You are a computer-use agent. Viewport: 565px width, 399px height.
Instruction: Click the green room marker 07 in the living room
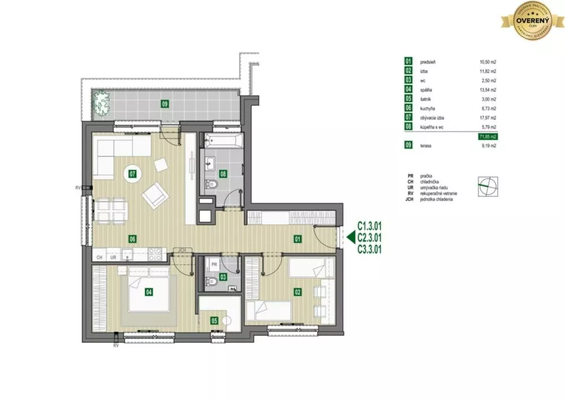133,174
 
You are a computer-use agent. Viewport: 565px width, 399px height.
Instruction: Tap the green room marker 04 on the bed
149,292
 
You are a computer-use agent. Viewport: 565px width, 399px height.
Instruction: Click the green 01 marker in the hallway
297,239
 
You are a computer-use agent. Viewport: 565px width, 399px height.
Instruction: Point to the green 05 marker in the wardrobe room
214,321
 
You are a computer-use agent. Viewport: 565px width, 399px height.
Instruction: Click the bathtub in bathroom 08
222,141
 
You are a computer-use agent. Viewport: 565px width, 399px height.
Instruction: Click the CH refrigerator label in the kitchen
99,257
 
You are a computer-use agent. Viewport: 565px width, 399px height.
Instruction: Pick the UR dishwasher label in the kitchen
114,257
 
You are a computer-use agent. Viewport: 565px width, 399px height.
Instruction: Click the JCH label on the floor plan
181,249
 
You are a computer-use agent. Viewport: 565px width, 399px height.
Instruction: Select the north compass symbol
488,187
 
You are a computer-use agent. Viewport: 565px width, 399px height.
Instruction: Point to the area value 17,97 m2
487,118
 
